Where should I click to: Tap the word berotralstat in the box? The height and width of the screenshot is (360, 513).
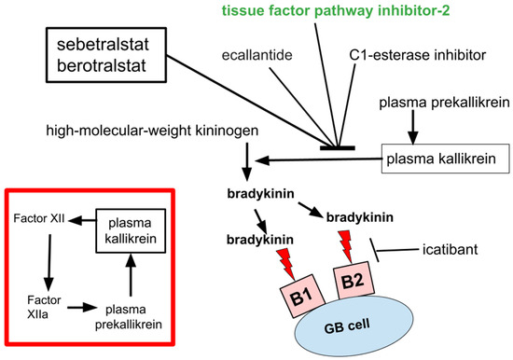[97, 64]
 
